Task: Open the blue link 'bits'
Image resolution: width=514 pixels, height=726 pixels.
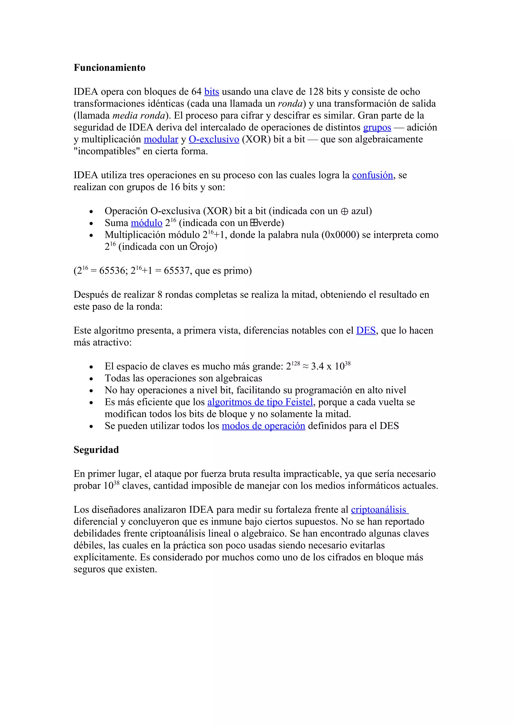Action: pos(212,92)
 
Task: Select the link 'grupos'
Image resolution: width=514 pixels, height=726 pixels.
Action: pos(377,128)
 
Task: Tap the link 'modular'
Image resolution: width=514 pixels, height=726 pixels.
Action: pos(161,140)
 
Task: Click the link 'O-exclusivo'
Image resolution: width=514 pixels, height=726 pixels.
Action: pos(214,140)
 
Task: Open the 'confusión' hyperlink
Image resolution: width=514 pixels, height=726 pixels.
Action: pos(372,175)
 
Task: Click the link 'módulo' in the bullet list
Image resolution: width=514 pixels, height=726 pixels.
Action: pos(146,223)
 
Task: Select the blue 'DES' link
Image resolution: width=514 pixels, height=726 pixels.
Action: pos(366,330)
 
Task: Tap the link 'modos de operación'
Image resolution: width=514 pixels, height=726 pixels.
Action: pos(263,426)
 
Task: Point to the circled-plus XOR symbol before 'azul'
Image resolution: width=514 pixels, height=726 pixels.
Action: pos(344,211)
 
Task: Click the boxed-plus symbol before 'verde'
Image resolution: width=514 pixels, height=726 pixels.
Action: pos(253,223)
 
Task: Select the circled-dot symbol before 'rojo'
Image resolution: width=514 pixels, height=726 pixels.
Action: pos(193,246)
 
